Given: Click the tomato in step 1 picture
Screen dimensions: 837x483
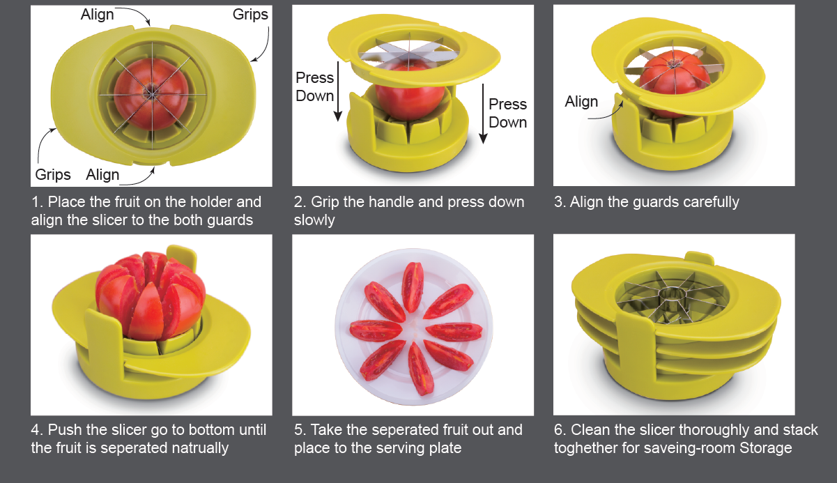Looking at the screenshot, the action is tap(151, 94).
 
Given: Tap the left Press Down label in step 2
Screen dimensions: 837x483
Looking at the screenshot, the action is tap(314, 86).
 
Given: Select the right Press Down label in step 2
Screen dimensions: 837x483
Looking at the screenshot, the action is tap(507, 113).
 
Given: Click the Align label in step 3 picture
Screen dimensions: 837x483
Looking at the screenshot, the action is tap(581, 101).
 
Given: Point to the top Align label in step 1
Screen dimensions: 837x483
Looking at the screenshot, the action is tap(97, 15).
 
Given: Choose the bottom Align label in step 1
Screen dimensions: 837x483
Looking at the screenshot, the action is tap(102, 175).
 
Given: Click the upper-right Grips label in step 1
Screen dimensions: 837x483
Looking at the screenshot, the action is tap(250, 15).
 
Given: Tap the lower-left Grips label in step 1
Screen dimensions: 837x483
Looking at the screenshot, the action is tap(53, 175).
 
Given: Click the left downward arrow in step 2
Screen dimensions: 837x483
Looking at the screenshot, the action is tap(338, 91).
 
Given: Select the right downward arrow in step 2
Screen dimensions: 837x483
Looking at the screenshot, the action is tap(483, 114).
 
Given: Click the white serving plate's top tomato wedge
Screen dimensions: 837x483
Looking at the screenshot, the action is tap(413, 286).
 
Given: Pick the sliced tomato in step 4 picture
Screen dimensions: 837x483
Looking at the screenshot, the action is tap(151, 295).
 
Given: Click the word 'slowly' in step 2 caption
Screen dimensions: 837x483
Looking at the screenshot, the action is tap(314, 220).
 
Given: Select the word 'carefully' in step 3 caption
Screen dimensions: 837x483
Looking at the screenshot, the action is tap(711, 202).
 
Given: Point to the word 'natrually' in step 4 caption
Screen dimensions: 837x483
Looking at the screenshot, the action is tap(197, 448).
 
